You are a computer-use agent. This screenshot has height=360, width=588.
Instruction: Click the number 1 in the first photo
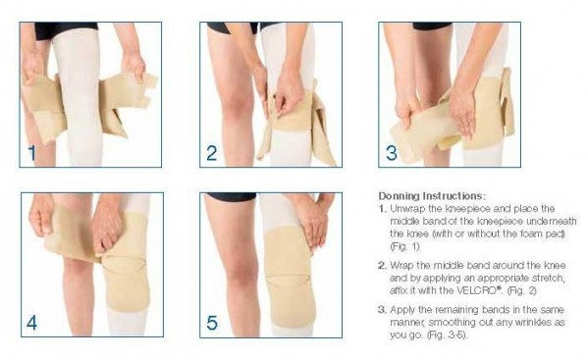coord(31,153)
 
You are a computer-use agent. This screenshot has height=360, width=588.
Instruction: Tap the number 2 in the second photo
coord(211,153)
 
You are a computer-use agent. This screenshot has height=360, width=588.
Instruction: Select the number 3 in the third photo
coord(391,153)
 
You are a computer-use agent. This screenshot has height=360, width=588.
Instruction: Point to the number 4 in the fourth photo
coord(31,323)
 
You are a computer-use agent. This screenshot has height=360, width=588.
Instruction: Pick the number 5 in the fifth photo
coord(212,323)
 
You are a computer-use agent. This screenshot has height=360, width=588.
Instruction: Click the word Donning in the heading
coord(399,196)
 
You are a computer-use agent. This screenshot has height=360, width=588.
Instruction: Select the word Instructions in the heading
coord(454,196)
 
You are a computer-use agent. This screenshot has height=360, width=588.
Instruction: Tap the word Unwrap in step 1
coord(406,209)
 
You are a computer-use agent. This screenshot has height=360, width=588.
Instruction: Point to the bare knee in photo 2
coord(235,101)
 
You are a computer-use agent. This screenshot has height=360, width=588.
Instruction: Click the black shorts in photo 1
coord(66,30)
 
